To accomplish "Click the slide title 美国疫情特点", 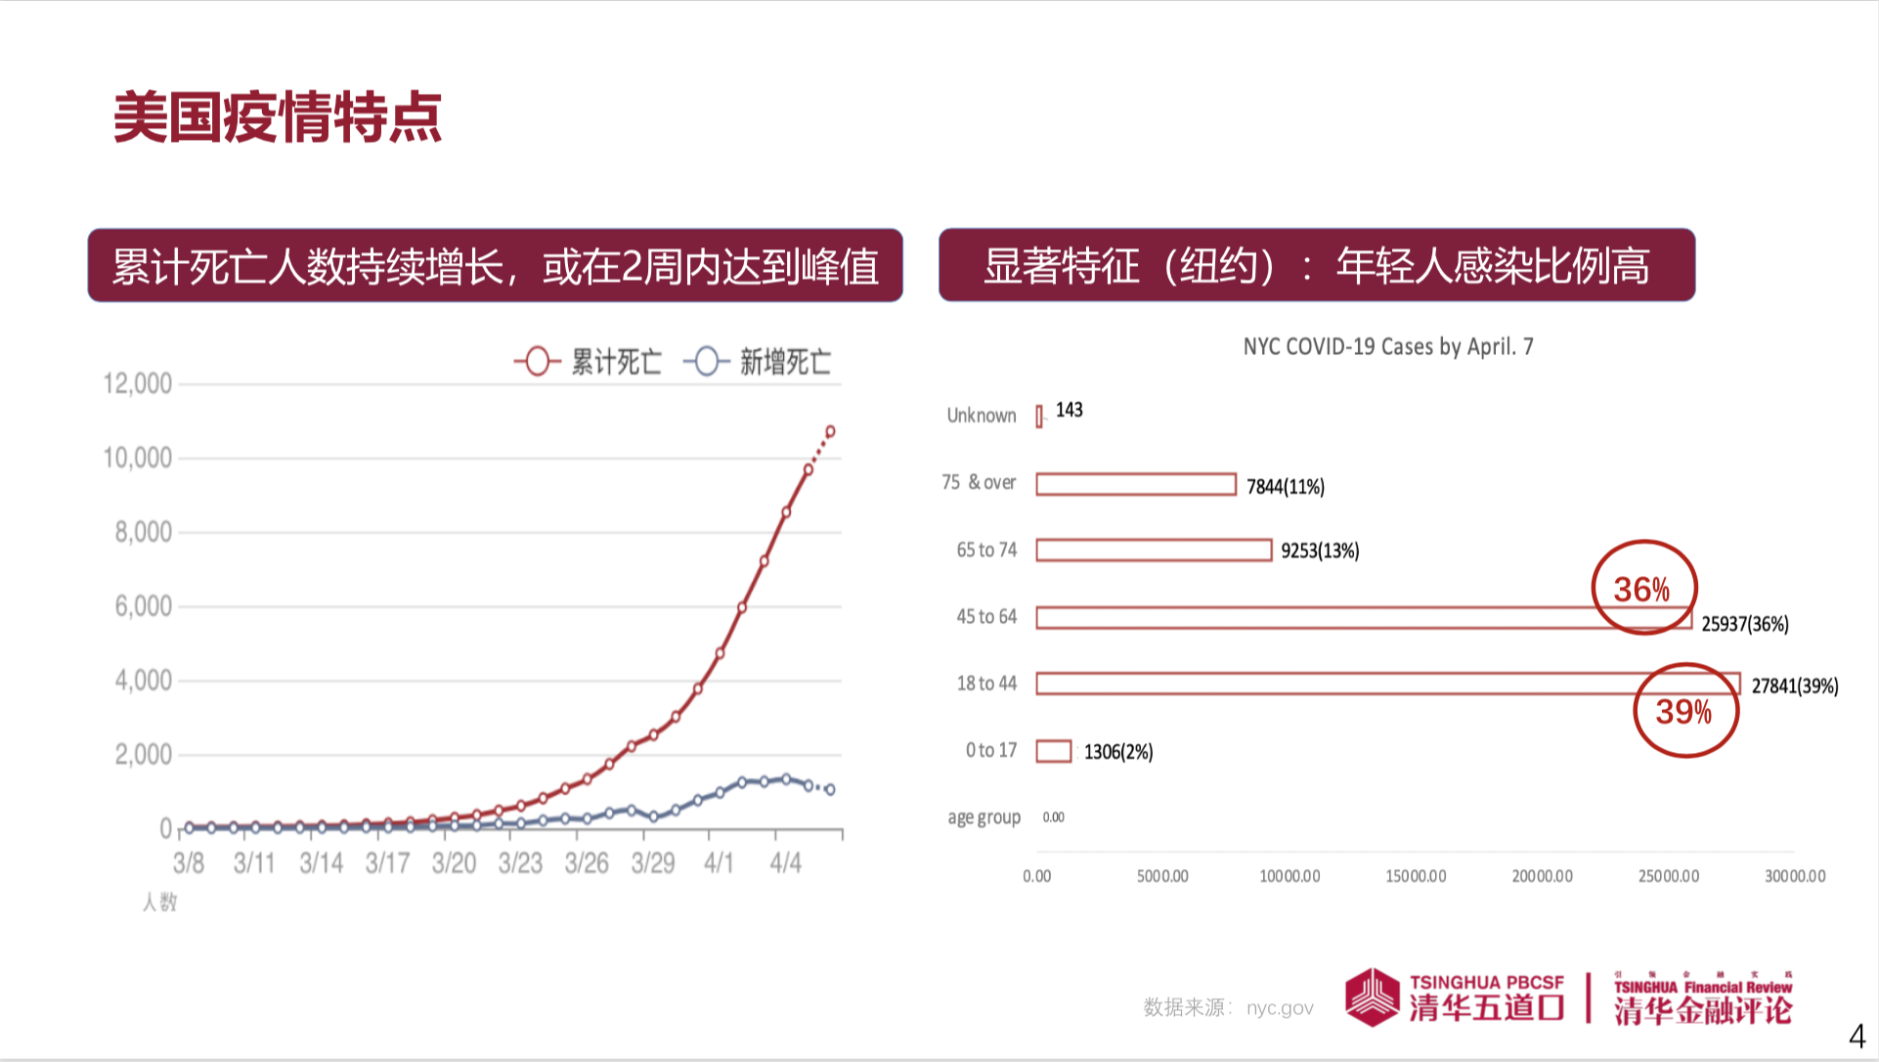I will pyautogui.click(x=278, y=118).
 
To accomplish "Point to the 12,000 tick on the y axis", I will pyautogui.click(x=138, y=383).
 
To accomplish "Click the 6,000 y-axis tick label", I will pyautogui.click(x=143, y=606).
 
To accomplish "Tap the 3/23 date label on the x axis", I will pyautogui.click(x=520, y=863).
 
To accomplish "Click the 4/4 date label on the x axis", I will pyautogui.click(x=785, y=863).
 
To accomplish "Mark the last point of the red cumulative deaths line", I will pyautogui.click(x=830, y=431).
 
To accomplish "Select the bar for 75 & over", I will pyautogui.click(x=1136, y=484).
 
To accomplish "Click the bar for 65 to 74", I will pyautogui.click(x=1154, y=551).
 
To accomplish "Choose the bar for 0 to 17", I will pyautogui.click(x=1054, y=751).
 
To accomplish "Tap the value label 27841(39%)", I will pyautogui.click(x=1794, y=686).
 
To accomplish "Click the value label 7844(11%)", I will pyautogui.click(x=1286, y=487).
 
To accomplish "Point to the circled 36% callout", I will pyautogui.click(x=1642, y=589).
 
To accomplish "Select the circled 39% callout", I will pyautogui.click(x=1684, y=712).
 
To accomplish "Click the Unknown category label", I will pyautogui.click(x=982, y=416).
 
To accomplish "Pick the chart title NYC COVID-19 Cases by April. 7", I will pyautogui.click(x=1387, y=346).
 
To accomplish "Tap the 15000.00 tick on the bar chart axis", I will pyautogui.click(x=1416, y=876).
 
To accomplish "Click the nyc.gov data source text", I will pyautogui.click(x=1280, y=1008).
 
